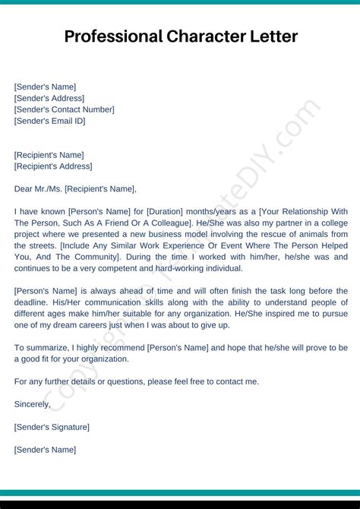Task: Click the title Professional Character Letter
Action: (x=181, y=36)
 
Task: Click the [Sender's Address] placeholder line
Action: (x=49, y=98)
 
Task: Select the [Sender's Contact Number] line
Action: (x=65, y=109)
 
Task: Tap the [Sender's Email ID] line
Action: (x=50, y=121)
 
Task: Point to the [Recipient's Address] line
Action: (x=53, y=166)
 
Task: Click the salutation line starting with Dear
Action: (x=75, y=189)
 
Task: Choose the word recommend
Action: (x=121, y=347)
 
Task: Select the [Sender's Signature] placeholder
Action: (x=52, y=427)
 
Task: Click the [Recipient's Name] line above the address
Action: (x=49, y=155)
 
